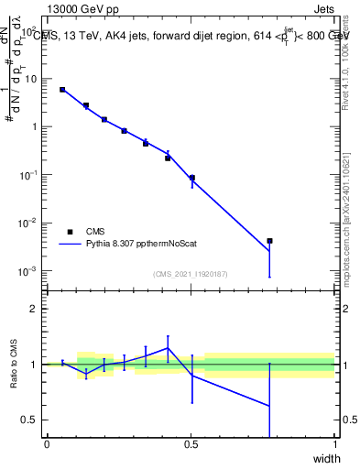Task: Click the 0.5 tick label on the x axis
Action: [x=191, y=444]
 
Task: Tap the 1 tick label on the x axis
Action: [x=334, y=444]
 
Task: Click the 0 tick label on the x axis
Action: [x=47, y=444]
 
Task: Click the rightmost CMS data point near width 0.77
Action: [x=269, y=241]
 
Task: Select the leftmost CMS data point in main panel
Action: [x=62, y=90]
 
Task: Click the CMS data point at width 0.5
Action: [x=191, y=178]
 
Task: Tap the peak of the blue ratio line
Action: [x=168, y=347]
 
